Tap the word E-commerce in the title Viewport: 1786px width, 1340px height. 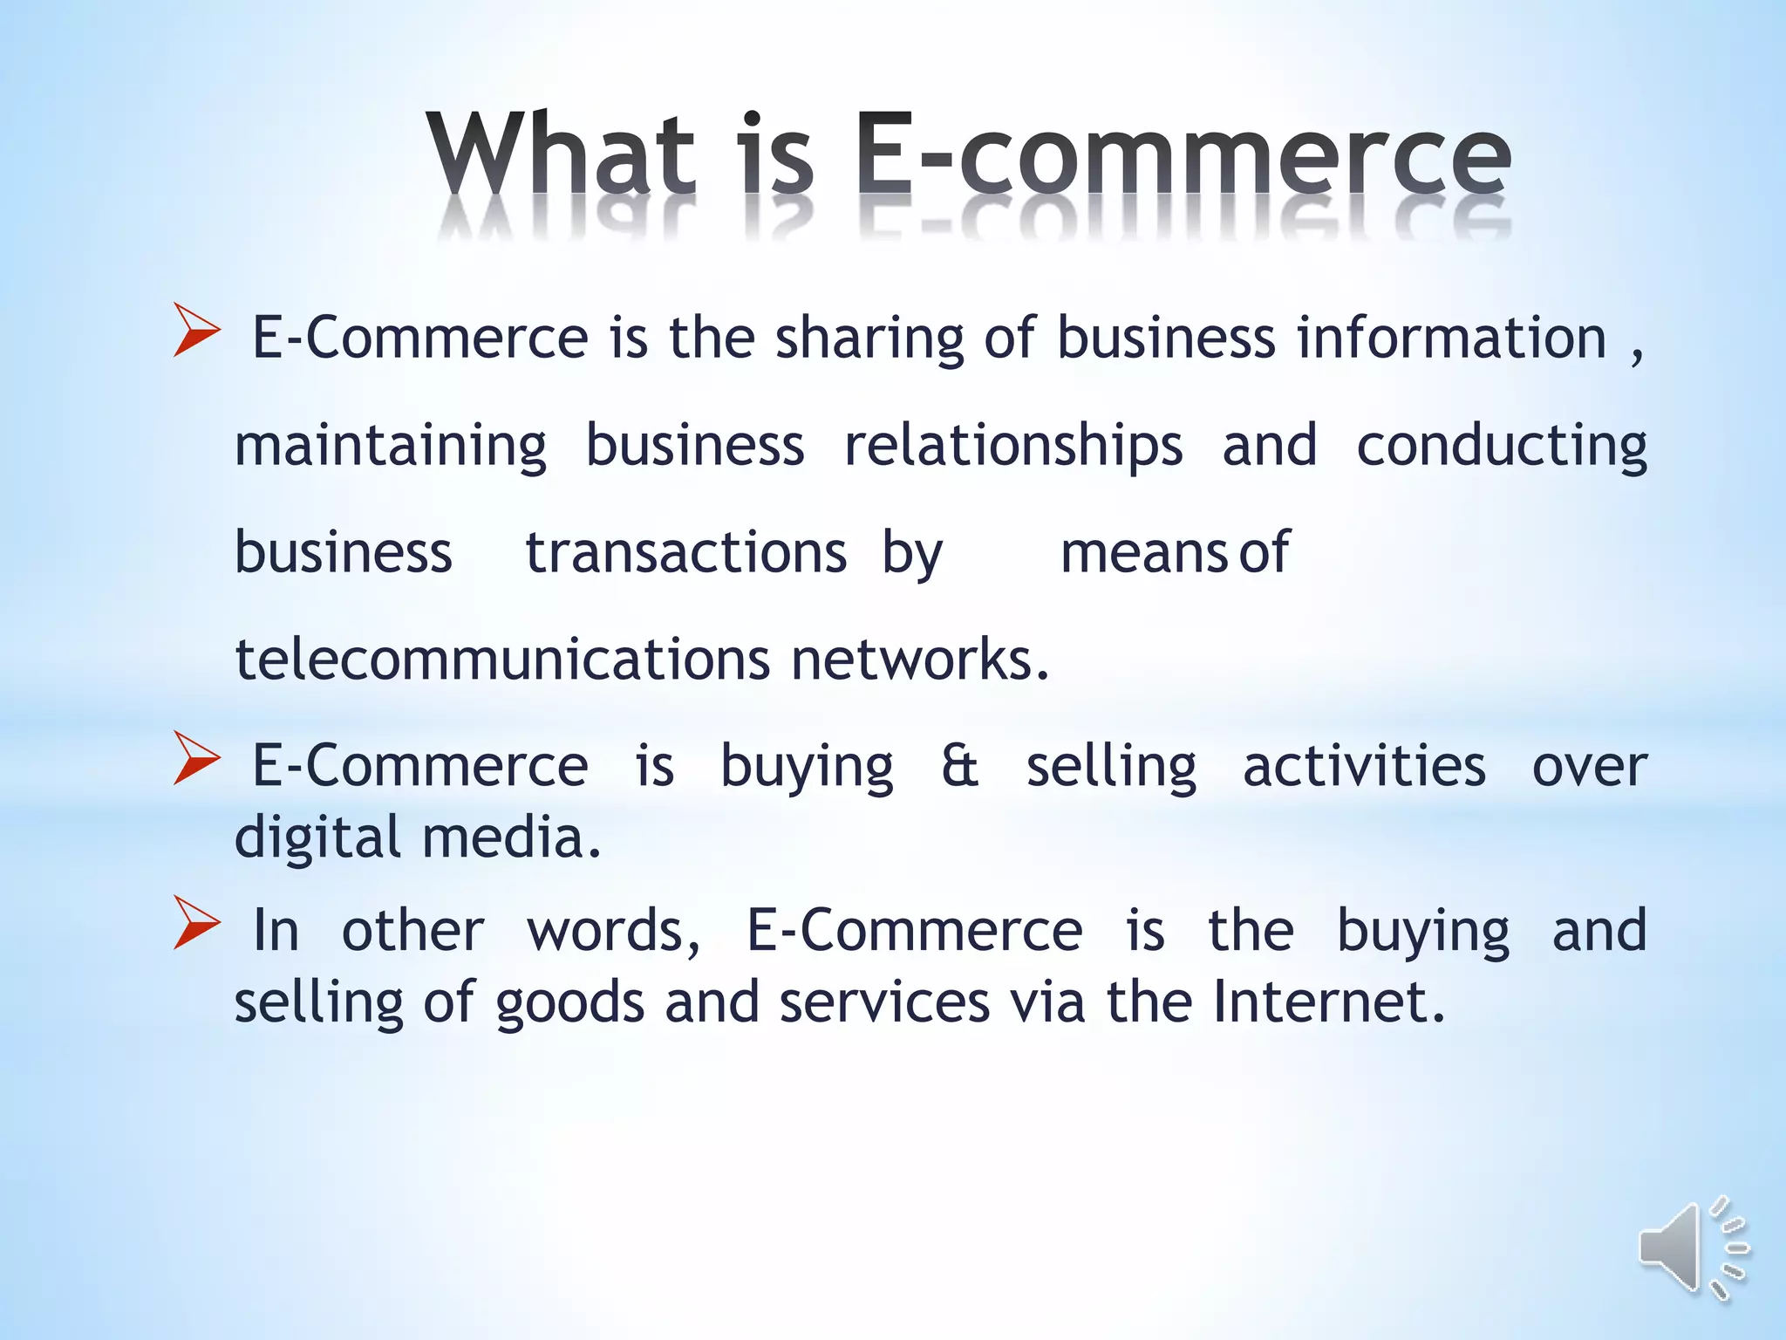(x=1182, y=153)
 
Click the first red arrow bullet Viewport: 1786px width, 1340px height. (x=195, y=331)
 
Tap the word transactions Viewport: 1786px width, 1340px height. (x=685, y=553)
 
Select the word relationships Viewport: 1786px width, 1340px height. (x=1012, y=446)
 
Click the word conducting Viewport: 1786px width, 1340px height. (x=1501, y=446)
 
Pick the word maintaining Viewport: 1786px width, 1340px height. (x=390, y=446)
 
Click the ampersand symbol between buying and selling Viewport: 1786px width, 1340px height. (x=959, y=767)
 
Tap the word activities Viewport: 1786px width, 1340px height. (x=1363, y=767)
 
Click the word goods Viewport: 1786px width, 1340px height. (x=569, y=1003)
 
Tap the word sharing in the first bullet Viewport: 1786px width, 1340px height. (x=869, y=339)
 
